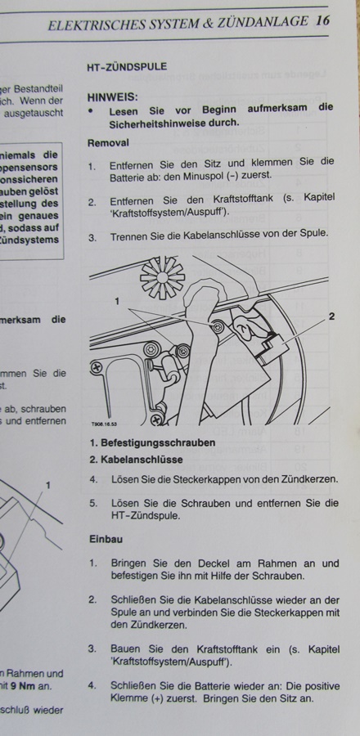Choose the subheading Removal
click(x=107, y=142)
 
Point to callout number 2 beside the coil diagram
click(x=331, y=315)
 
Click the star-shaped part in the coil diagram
click(x=163, y=279)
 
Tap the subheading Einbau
click(x=104, y=541)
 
